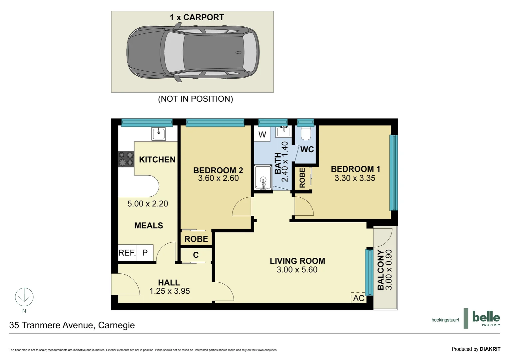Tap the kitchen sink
159,134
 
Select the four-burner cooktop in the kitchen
126,159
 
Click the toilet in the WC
305,133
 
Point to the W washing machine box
262,135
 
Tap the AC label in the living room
358,298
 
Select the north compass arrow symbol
24,297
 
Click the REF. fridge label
127,253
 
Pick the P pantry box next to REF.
145,253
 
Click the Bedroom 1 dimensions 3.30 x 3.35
355,178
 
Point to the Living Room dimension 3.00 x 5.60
297,270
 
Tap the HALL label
169,282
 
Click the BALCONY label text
380,270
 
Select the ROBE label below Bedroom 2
196,239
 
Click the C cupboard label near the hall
196,255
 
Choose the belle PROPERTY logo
486,318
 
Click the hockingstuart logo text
445,320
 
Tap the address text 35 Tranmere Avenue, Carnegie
72,325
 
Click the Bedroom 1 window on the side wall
393,172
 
